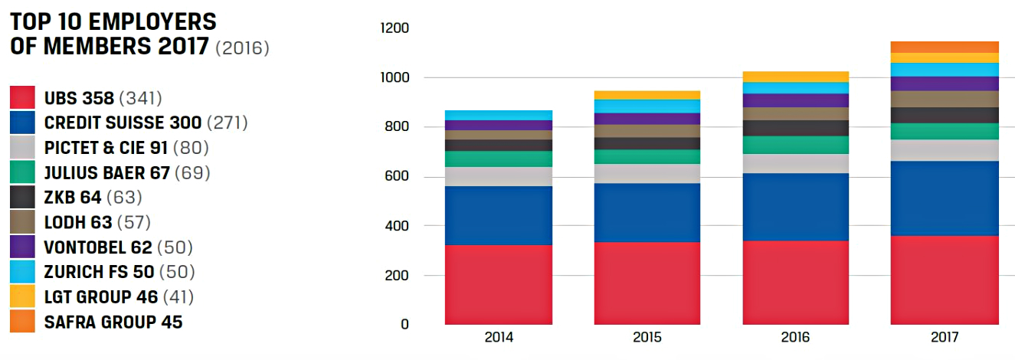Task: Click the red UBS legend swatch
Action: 22,98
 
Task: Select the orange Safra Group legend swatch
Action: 22,322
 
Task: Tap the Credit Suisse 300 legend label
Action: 123,123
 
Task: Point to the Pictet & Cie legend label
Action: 106,148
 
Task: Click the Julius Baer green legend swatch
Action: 22,172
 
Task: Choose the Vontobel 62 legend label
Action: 99,247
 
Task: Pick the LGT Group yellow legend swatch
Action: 22,297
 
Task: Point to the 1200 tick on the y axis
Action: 395,29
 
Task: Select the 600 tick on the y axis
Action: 398,177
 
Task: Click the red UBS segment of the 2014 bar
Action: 499,284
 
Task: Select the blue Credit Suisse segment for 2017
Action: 945,198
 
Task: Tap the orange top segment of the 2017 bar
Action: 945,47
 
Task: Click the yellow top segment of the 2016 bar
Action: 796,77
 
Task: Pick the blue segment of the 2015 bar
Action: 647,212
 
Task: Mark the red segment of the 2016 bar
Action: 796,282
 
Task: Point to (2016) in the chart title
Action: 242,47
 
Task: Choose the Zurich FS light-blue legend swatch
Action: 22,272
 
